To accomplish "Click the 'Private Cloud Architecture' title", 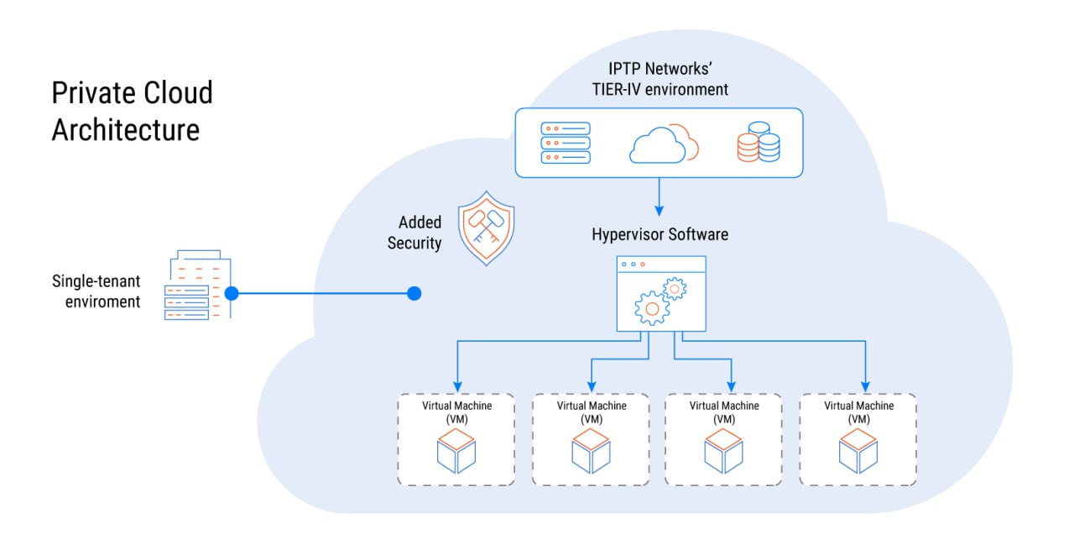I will (x=132, y=111).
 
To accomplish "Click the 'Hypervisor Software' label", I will (x=660, y=234).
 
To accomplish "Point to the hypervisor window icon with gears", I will (x=661, y=293).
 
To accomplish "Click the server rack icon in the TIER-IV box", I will (x=565, y=142).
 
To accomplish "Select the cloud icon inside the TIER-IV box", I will (x=663, y=144).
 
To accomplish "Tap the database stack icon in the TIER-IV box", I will (x=758, y=142).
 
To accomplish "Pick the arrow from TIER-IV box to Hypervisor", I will (x=660, y=196).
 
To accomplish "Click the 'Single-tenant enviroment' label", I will (x=96, y=291).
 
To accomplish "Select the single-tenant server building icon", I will (x=196, y=285).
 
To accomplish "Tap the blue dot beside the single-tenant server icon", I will (x=232, y=293).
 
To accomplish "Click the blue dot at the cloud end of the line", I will (x=414, y=293).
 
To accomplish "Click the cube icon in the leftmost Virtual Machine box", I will (x=456, y=451).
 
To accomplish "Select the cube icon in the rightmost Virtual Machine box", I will (x=858, y=451).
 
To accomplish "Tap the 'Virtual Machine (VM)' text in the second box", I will (x=592, y=411).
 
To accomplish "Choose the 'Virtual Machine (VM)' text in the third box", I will (x=724, y=411).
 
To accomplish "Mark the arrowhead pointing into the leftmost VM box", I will (x=456, y=383).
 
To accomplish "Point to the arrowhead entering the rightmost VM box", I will (x=865, y=383).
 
